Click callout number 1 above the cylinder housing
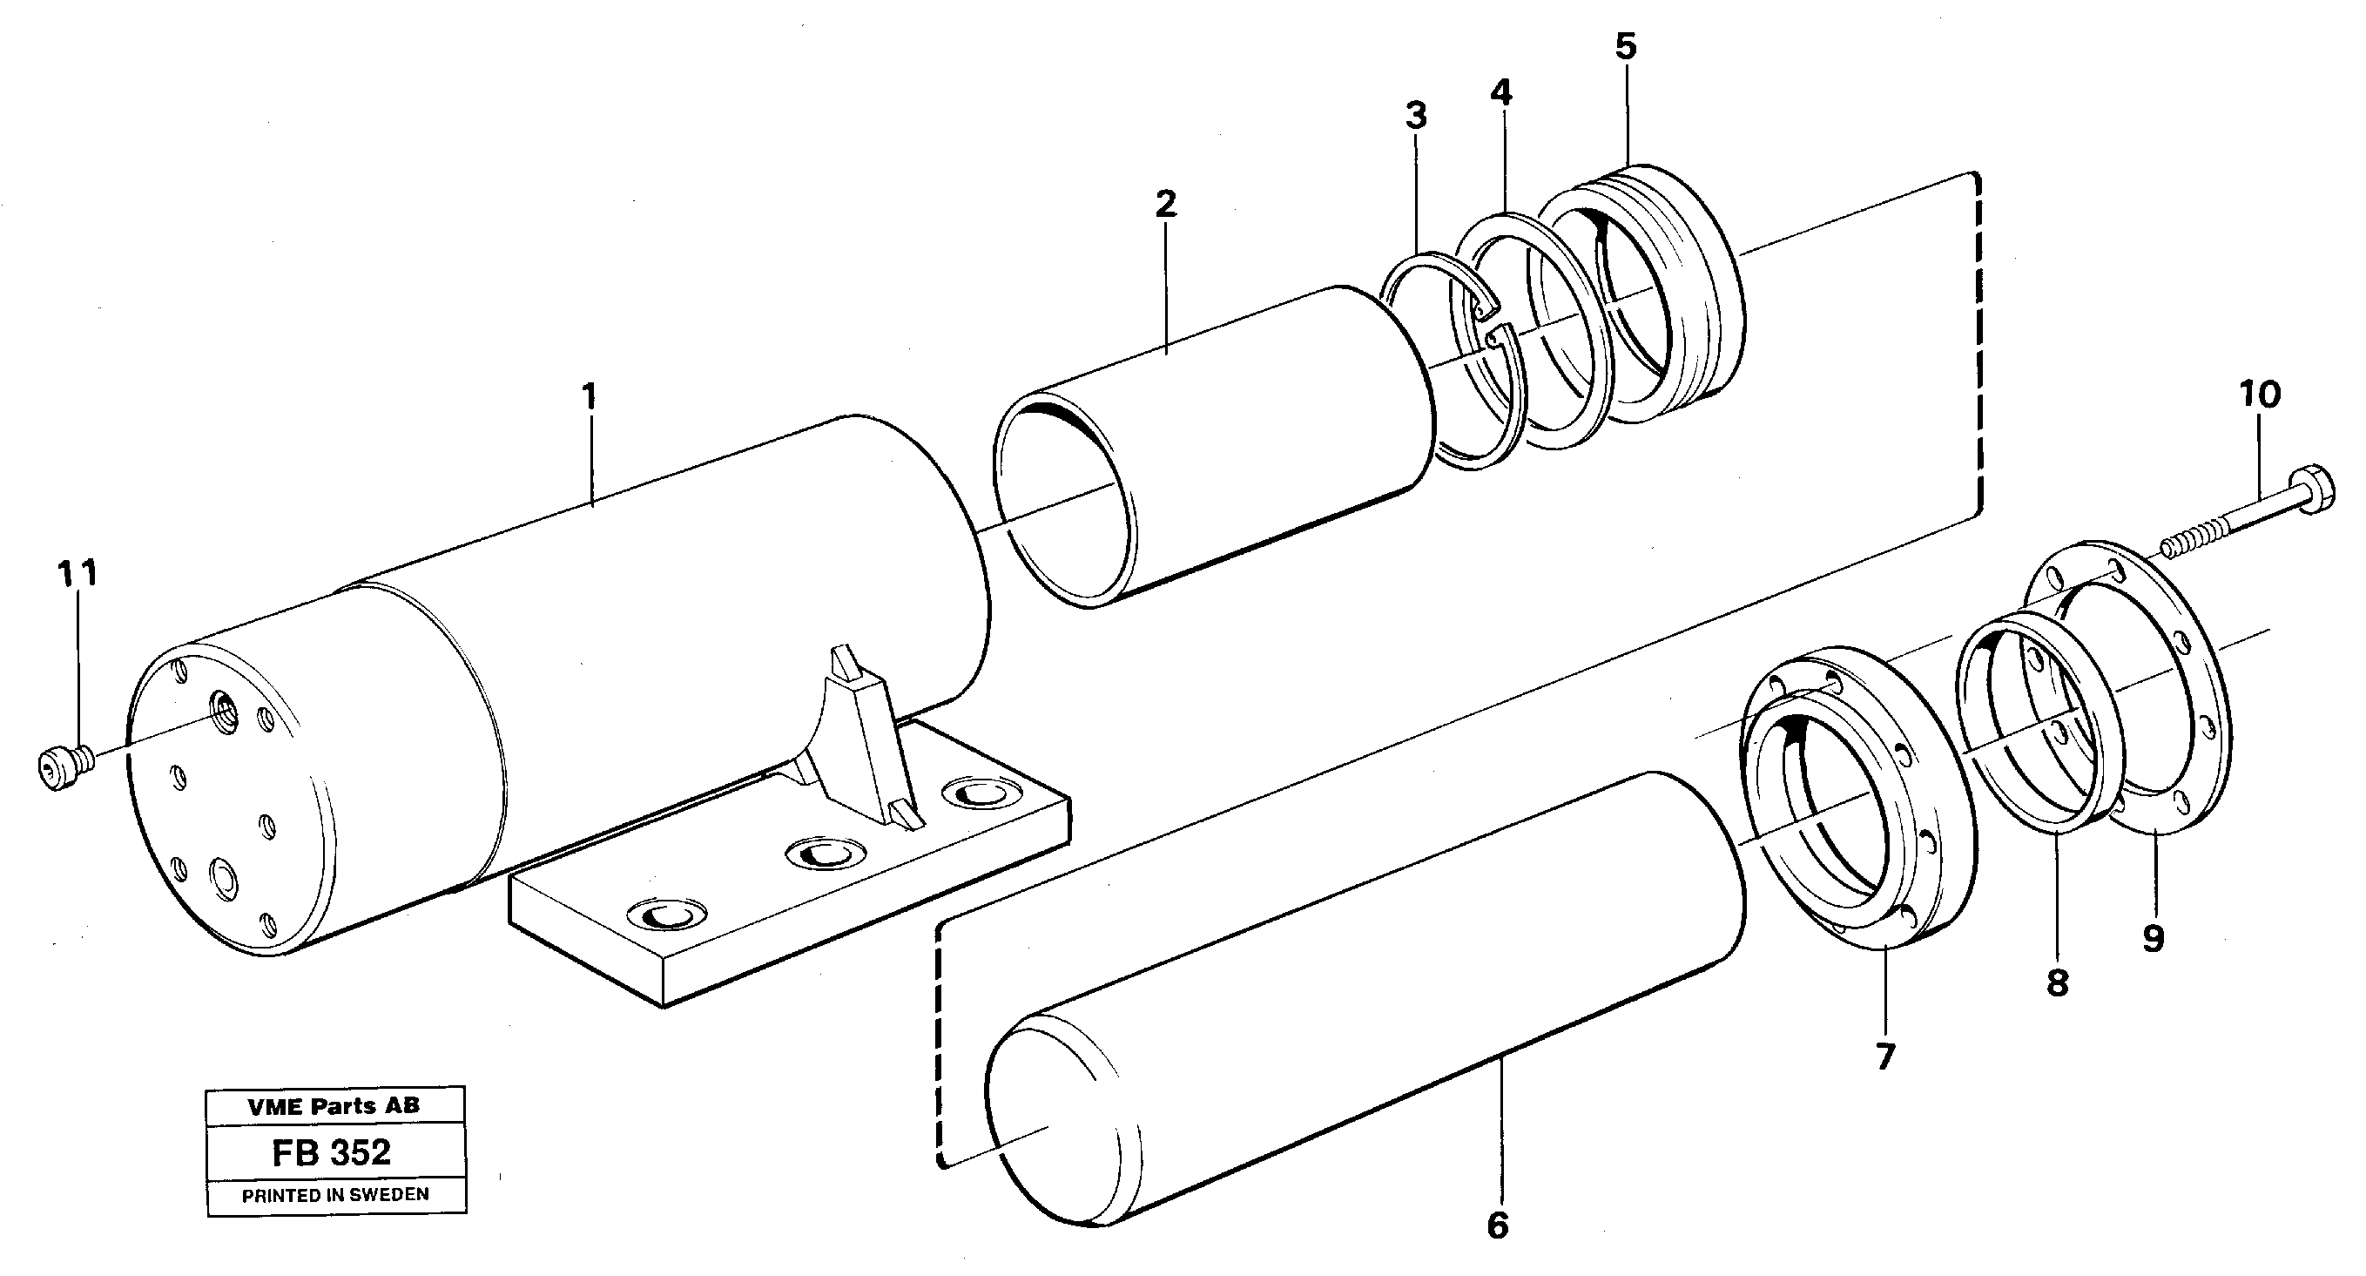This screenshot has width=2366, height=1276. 589,397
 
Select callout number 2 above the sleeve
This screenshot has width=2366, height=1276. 1165,203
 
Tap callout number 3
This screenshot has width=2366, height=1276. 1415,117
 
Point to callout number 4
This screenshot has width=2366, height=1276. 1500,91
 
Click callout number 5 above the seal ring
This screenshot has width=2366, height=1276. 1626,46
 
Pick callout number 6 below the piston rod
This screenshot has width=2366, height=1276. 1497,1225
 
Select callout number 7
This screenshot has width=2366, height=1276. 1884,1057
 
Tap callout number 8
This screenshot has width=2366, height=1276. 2057,983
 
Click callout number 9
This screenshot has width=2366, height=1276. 2153,938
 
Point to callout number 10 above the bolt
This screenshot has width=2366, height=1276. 2260,395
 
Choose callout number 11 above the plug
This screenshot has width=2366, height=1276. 78,573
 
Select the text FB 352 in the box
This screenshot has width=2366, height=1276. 332,1152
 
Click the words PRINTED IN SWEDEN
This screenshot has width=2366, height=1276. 335,1194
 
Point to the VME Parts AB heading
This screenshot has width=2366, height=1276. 334,1106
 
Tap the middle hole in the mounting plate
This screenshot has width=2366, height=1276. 824,854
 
